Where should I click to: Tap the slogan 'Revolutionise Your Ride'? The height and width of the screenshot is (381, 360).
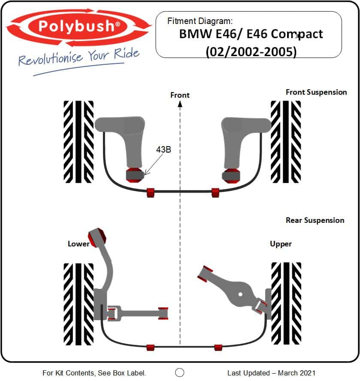pyautogui.click(x=79, y=57)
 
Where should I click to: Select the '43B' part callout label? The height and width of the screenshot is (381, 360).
pyautogui.click(x=164, y=150)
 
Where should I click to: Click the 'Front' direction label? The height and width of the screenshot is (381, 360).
pyautogui.click(x=180, y=95)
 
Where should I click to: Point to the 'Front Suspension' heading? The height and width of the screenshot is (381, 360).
pyautogui.click(x=316, y=92)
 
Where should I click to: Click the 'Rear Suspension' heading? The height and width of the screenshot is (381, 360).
pyautogui.click(x=315, y=220)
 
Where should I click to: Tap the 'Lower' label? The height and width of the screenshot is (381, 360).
pyautogui.click(x=79, y=244)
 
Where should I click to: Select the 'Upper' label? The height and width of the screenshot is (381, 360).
pyautogui.click(x=281, y=244)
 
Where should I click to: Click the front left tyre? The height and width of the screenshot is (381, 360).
pyautogui.click(x=79, y=141)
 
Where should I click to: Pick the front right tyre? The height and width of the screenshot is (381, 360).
pyautogui.click(x=286, y=141)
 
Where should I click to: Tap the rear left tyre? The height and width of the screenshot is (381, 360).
pyautogui.click(x=79, y=304)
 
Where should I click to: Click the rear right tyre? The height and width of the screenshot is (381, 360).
pyautogui.click(x=286, y=304)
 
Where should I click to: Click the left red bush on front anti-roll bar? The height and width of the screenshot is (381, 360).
pyautogui.click(x=151, y=192)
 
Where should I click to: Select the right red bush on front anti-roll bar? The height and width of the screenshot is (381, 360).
pyautogui.click(x=215, y=192)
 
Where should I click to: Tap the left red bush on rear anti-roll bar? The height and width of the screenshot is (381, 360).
pyautogui.click(x=150, y=347)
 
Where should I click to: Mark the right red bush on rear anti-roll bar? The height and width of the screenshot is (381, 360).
pyautogui.click(x=218, y=347)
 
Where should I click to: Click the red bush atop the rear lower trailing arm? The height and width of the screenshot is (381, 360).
pyautogui.click(x=97, y=236)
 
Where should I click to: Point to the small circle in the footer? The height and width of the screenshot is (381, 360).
pyautogui.click(x=180, y=372)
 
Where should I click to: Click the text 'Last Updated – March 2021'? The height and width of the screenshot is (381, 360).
pyautogui.click(x=271, y=373)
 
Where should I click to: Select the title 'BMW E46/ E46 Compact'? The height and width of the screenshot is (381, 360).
pyautogui.click(x=251, y=34)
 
